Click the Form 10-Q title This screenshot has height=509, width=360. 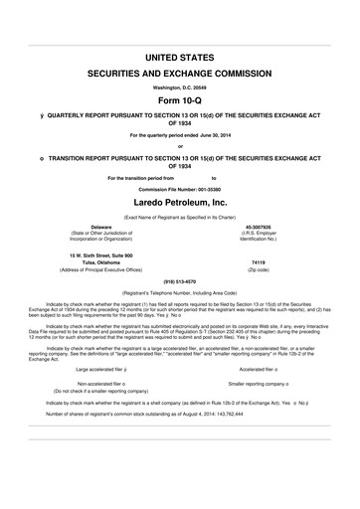179,102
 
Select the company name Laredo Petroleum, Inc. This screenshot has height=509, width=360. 179,200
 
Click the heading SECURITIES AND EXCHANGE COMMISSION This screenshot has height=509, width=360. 179,75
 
